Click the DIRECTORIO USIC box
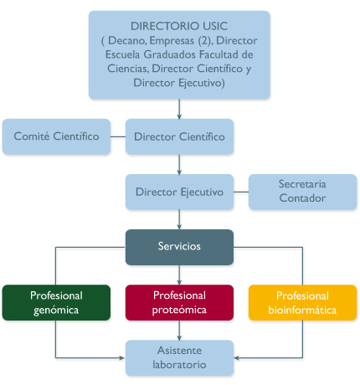pyautogui.click(x=180, y=54)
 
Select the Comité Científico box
pyautogui.click(x=57, y=136)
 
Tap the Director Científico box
pyautogui.click(x=180, y=136)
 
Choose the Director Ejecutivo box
pyautogui.click(x=180, y=192)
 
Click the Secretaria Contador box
pyautogui.click(x=302, y=192)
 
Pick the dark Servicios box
pyautogui.click(x=180, y=247)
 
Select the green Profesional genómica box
pyautogui.click(x=56, y=302)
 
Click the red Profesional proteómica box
pyautogui.click(x=180, y=302)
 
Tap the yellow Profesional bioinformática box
pyautogui.click(x=302, y=302)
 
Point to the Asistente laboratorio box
pyautogui.click(x=180, y=357)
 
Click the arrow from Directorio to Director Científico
pyautogui.click(x=180, y=108)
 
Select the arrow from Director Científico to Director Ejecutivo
pyautogui.click(x=180, y=164)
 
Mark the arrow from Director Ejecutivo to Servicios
pyautogui.click(x=180, y=219)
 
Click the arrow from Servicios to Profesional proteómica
pyautogui.click(x=180, y=275)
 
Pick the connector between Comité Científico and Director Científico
pyautogui.click(x=118, y=136)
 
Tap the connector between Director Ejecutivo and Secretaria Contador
pyautogui.click(x=241, y=192)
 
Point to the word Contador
pyautogui.click(x=302, y=198)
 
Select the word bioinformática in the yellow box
pyautogui.click(x=302, y=310)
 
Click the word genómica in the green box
pyautogui.click(x=56, y=310)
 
